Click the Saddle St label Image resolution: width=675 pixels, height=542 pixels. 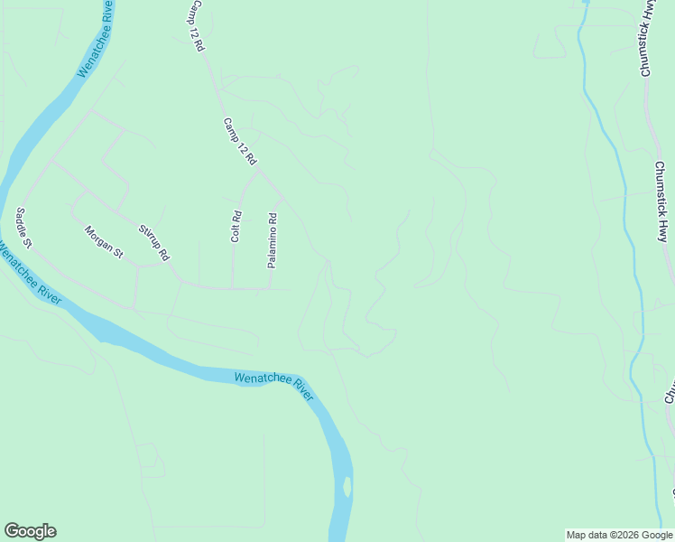click(x=23, y=229)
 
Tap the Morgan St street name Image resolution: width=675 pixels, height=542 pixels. click(x=103, y=242)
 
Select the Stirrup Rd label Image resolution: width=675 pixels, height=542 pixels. click(x=153, y=243)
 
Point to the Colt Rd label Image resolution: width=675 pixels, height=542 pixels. click(x=236, y=226)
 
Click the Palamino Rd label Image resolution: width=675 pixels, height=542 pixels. click(x=271, y=240)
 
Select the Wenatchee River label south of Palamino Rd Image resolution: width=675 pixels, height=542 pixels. click(x=273, y=385)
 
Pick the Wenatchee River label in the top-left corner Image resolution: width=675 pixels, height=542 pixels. click(x=95, y=38)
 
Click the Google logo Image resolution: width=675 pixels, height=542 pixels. click(x=30, y=531)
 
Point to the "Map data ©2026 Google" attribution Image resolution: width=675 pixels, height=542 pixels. click(x=619, y=535)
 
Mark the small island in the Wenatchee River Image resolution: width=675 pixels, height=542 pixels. click(x=347, y=487)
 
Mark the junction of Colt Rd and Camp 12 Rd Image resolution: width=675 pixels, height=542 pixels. click(x=259, y=172)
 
